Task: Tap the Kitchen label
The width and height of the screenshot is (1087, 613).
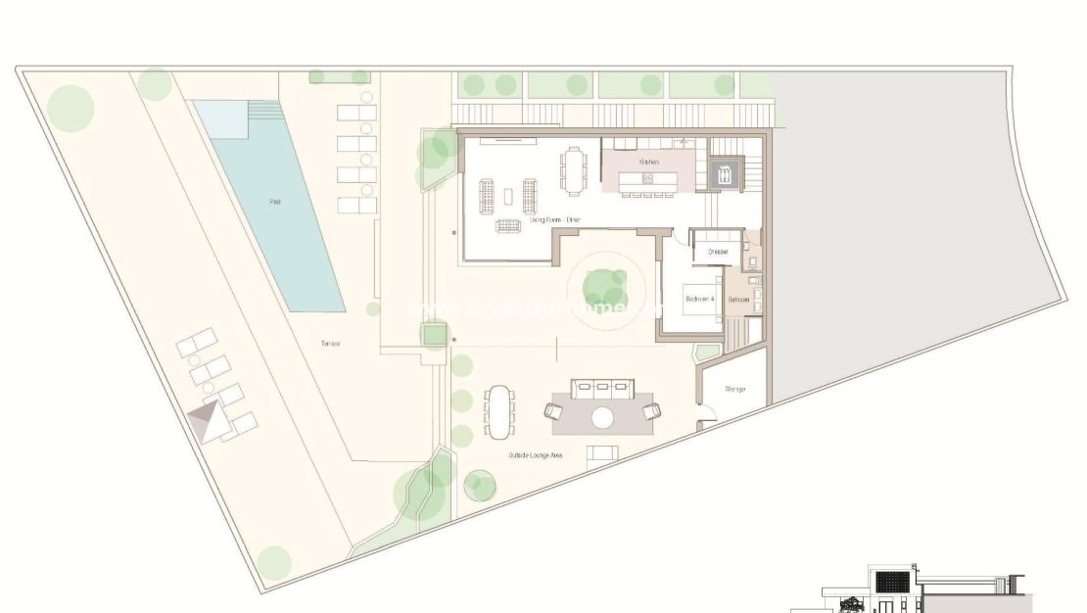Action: [x=648, y=162]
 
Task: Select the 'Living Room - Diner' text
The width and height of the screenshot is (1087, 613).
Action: [x=555, y=220]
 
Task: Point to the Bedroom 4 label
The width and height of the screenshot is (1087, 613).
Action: [x=699, y=298]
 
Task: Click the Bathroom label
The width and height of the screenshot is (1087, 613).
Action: [x=738, y=299]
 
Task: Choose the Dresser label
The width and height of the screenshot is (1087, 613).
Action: [x=718, y=253]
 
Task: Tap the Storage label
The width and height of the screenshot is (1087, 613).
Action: [x=735, y=389]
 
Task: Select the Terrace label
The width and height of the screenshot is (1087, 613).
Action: [x=329, y=344]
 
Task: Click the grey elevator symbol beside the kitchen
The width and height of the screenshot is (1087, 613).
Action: [x=724, y=175]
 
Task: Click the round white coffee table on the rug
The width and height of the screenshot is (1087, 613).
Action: [x=602, y=418]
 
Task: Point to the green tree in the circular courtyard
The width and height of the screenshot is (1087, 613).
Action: [x=605, y=286]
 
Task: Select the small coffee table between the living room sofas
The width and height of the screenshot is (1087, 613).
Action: [x=507, y=196]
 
